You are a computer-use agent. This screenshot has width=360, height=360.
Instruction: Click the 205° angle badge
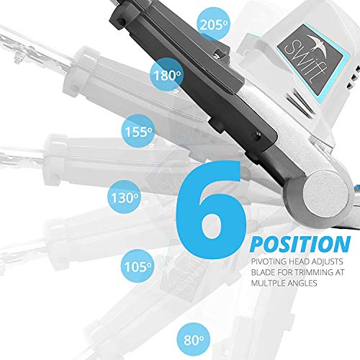pyautogui.click(x=213, y=24)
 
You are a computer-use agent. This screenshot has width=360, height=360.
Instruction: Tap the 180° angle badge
pyautogui.click(x=167, y=75)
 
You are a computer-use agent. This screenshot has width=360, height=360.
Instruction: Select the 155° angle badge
pyautogui.click(x=138, y=131)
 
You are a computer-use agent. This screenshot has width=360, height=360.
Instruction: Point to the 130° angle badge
pyautogui.click(x=124, y=197)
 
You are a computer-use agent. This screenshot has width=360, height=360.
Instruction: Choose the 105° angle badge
pyautogui.click(x=138, y=266)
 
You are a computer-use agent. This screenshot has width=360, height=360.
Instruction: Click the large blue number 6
pyautogui.click(x=211, y=210)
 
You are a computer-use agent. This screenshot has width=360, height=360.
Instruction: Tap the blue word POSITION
pyautogui.click(x=300, y=244)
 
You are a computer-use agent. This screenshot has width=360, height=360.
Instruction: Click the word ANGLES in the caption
pyautogui.click(x=304, y=283)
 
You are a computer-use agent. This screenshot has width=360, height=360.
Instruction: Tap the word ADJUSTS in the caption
pyautogui.click(x=328, y=261)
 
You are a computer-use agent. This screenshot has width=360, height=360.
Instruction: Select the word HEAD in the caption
pyautogui.click(x=300, y=261)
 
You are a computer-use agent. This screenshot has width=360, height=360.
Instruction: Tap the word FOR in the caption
pyautogui.click(x=284, y=272)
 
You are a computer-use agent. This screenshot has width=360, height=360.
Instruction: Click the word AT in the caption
pyautogui.click(x=340, y=272)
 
